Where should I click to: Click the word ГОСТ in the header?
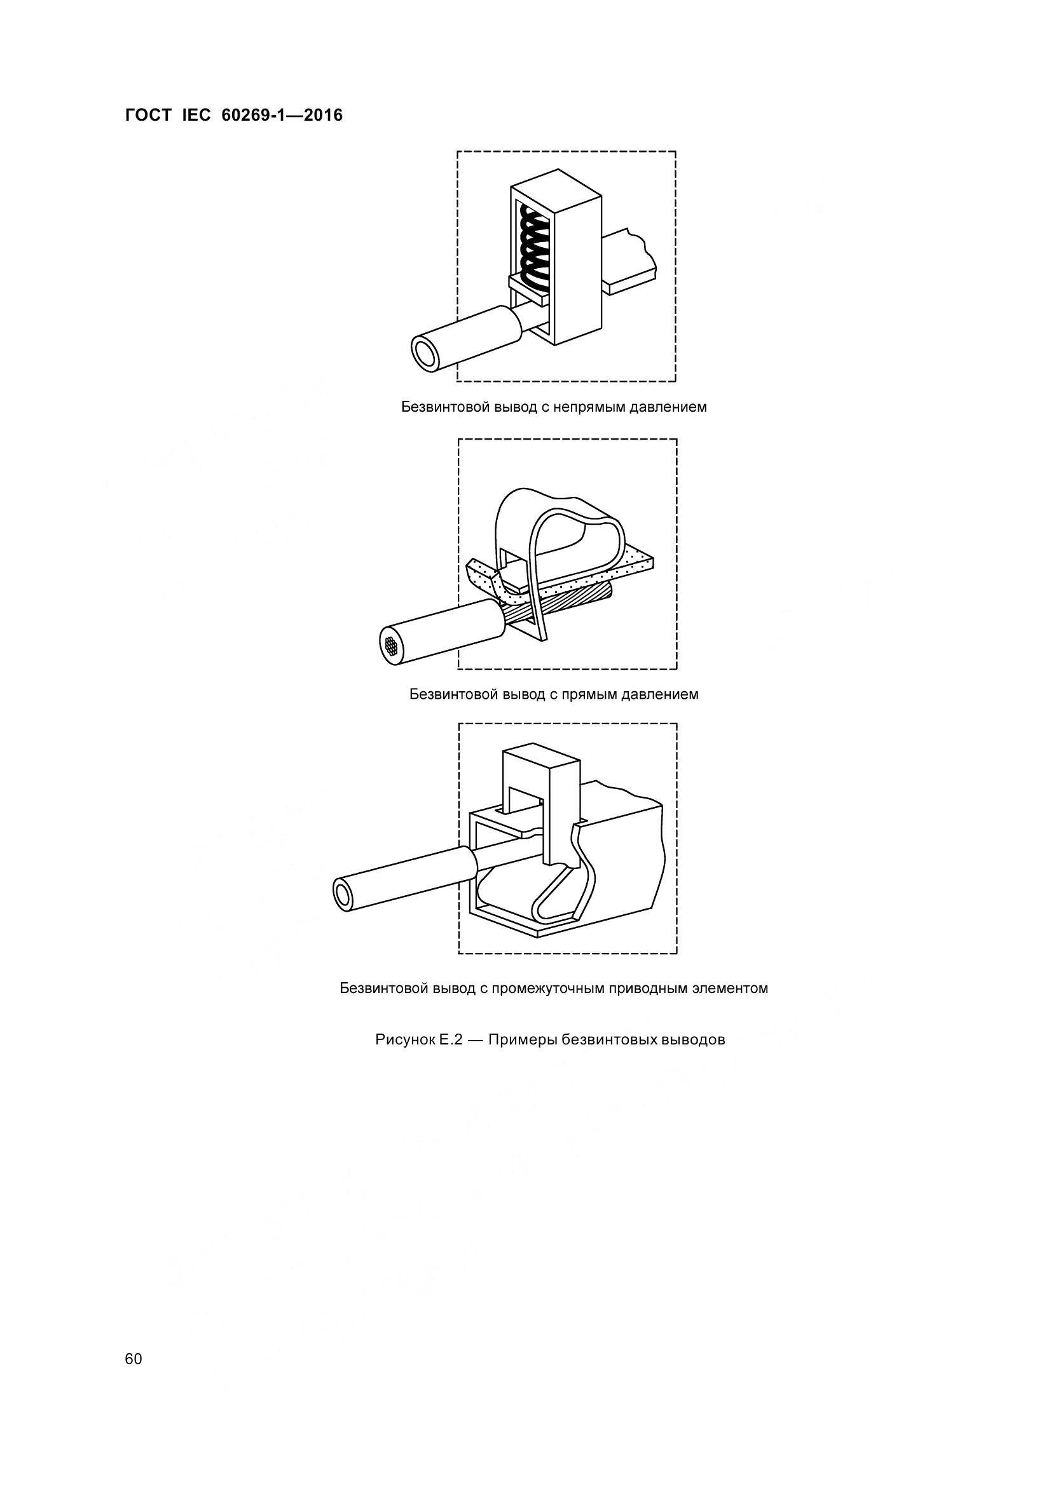(148, 116)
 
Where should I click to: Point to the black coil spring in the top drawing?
(535, 247)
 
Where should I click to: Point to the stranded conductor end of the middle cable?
(391, 645)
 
